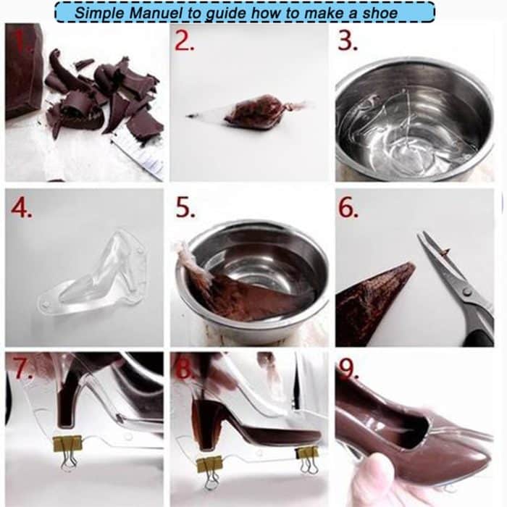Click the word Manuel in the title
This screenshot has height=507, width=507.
(x=148, y=12)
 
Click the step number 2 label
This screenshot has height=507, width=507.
(x=185, y=41)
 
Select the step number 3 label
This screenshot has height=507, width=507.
(x=349, y=41)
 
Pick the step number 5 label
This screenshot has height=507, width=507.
(x=185, y=209)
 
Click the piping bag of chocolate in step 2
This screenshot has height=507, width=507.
(x=257, y=112)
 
